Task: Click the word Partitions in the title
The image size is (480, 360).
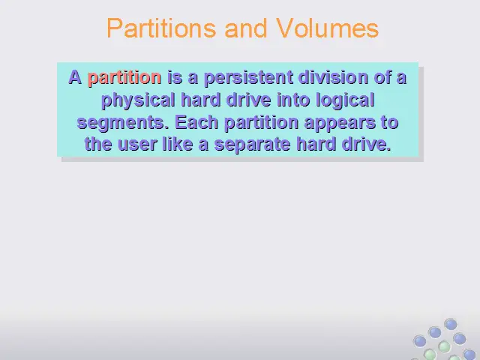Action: click(x=161, y=28)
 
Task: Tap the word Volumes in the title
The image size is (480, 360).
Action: click(x=327, y=28)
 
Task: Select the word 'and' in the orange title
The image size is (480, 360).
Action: click(x=246, y=28)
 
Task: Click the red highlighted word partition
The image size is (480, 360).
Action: click(x=124, y=78)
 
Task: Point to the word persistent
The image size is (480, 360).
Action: click(x=248, y=77)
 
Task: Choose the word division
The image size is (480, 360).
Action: click(x=333, y=76)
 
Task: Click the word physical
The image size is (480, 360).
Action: click(x=138, y=100)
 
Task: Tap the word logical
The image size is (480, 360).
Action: click(x=345, y=100)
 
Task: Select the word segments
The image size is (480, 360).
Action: click(x=121, y=123)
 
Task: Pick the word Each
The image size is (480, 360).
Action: click(x=196, y=122)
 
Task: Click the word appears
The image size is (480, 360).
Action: click(x=340, y=123)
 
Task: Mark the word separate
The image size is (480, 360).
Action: click(x=252, y=145)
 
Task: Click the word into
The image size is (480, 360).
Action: click(x=293, y=100)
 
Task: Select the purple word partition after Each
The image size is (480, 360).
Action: click(x=262, y=123)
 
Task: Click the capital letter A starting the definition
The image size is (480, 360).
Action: click(x=75, y=77)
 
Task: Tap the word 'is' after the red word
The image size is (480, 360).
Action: click(x=175, y=77)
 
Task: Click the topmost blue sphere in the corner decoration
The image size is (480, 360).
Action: click(x=451, y=325)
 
